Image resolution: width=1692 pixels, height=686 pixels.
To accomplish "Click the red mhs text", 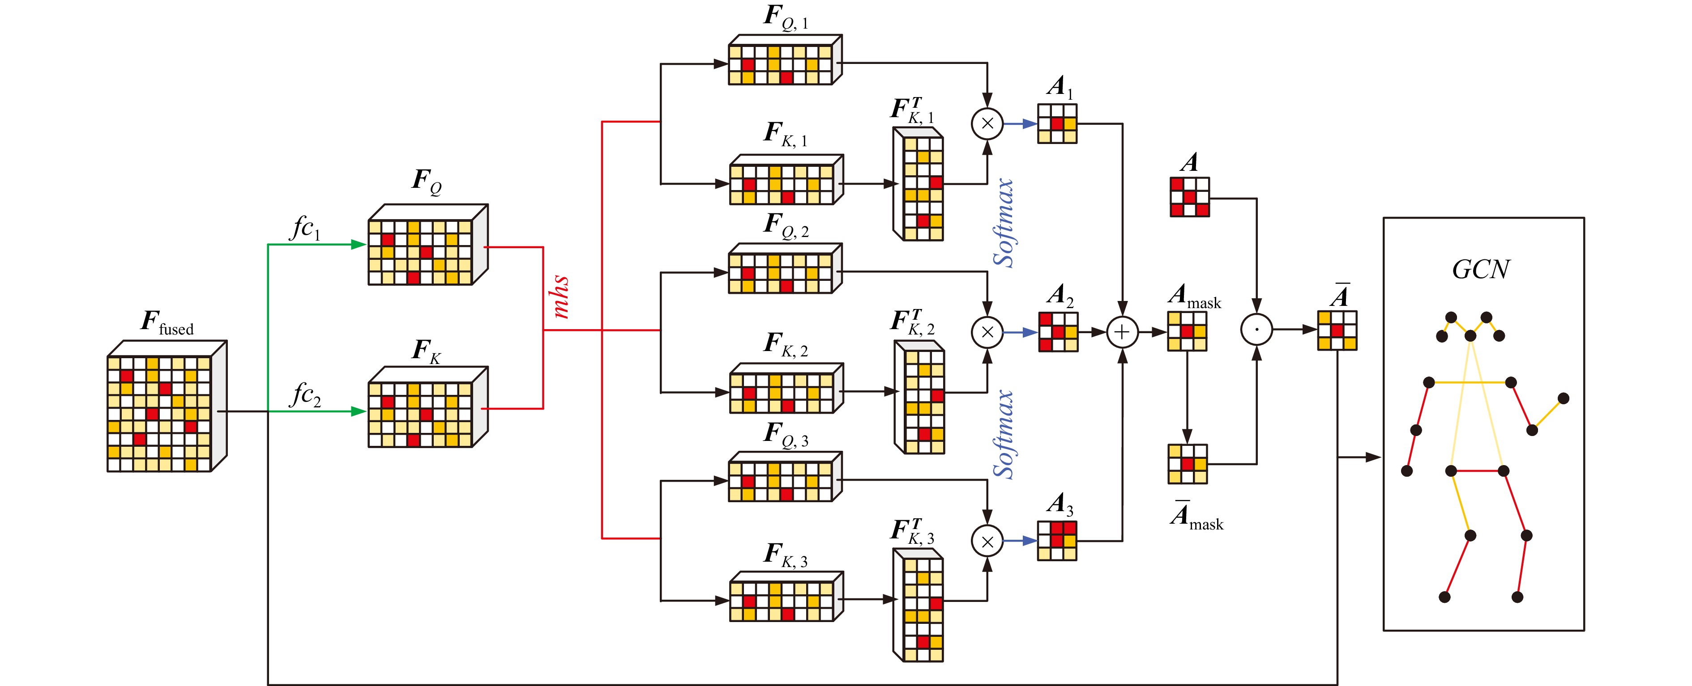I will click(560, 297).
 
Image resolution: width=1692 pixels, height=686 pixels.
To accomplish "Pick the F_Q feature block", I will click(427, 246).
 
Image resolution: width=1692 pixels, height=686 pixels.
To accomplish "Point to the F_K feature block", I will click(427, 408).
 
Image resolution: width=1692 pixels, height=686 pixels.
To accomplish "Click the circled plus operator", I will click(1122, 332).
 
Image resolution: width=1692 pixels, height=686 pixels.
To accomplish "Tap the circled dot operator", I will click(1256, 330).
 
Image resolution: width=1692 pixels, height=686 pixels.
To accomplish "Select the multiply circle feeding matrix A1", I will click(987, 123).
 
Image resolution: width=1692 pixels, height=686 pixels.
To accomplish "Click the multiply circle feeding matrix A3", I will click(987, 542).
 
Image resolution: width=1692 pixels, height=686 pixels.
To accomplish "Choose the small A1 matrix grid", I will click(1057, 124).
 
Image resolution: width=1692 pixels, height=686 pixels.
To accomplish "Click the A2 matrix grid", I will click(1057, 332).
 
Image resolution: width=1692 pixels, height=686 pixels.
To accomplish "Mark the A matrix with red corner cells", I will click(1189, 197).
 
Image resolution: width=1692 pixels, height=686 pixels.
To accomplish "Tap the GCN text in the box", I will click(1481, 270).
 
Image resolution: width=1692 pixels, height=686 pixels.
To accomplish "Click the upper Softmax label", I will click(1003, 223).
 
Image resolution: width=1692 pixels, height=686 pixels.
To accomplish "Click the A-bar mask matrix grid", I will click(1187, 464).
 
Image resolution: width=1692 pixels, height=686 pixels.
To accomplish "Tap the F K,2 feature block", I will click(786, 389).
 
